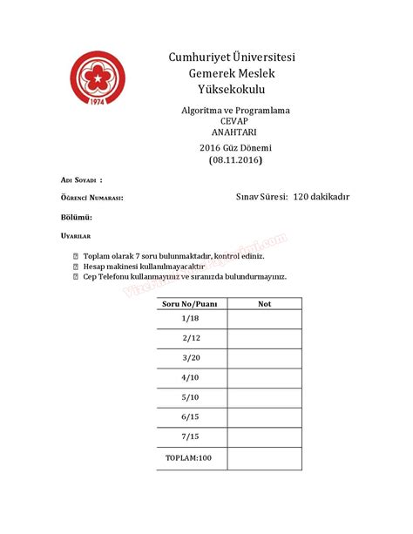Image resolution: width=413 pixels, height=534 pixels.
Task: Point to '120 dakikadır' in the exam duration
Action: [322, 198]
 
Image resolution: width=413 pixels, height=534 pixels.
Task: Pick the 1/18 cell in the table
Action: [192, 319]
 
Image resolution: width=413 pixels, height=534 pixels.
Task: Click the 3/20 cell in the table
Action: [192, 357]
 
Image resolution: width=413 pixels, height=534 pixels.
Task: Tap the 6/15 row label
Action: [192, 416]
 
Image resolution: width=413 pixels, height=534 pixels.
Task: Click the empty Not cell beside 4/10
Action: [265, 377]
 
